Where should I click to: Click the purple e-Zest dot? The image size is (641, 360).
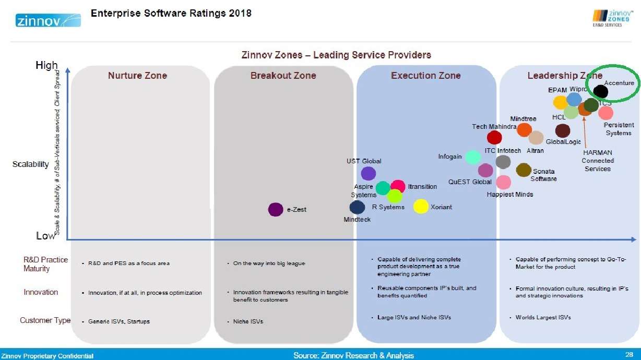pos(275,210)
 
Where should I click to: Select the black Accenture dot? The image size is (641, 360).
pos(600,91)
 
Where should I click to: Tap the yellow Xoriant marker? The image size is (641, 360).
pos(421,207)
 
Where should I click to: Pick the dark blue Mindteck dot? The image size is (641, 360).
pos(357,207)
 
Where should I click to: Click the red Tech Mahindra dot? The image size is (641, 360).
pos(494,137)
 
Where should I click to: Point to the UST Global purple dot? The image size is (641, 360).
pos(369,173)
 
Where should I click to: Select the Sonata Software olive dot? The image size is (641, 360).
pos(523,170)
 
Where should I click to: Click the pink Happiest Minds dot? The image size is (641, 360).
pos(503,182)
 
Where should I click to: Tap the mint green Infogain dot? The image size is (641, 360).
pos(473,157)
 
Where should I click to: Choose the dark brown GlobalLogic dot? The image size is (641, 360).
pos(562,130)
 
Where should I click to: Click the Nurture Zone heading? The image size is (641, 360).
pos(137,76)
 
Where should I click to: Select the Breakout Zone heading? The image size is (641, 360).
pos(283,76)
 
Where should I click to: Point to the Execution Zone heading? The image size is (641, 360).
pos(425,76)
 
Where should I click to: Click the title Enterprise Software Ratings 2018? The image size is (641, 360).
pos(171,13)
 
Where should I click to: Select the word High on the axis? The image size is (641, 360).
pos(46,66)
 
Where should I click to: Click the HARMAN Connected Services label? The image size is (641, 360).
pos(598,161)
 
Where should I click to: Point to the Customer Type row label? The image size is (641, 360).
pos(45,320)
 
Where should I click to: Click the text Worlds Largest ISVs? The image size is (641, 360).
pos(543,318)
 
